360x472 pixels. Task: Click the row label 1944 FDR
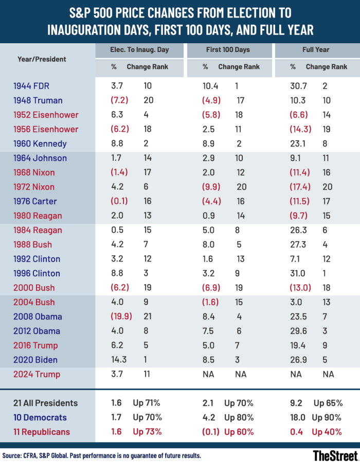[x=31, y=85]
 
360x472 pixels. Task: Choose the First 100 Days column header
[x=229, y=50]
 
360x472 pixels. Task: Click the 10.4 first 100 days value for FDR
[x=210, y=85]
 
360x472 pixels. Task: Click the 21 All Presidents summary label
[x=46, y=403]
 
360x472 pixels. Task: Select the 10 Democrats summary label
[x=41, y=417]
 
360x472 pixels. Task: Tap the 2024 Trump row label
[x=37, y=374]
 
